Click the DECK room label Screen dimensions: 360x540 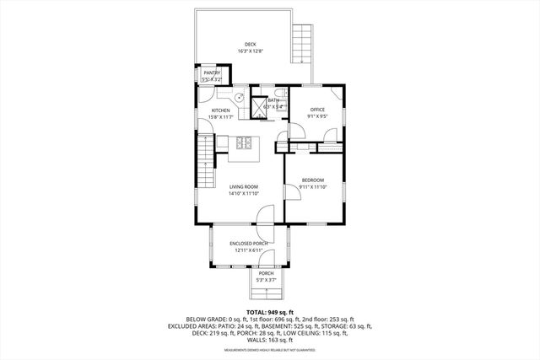pos(250,45)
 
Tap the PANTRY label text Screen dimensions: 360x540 pos(211,73)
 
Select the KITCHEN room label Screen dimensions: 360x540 pos(221,110)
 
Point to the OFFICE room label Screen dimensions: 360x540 pos(317,110)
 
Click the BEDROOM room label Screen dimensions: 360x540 pos(312,180)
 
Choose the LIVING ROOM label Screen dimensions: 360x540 pos(243,186)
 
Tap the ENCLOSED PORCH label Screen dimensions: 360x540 pos(248,244)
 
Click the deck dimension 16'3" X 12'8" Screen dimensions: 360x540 pos(251,51)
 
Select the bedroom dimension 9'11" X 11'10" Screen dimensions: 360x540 pos(312,186)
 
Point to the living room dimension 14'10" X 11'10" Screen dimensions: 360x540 pos(243,193)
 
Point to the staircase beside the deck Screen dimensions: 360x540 pos(301,45)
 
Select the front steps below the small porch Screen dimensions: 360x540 pos(266,294)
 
